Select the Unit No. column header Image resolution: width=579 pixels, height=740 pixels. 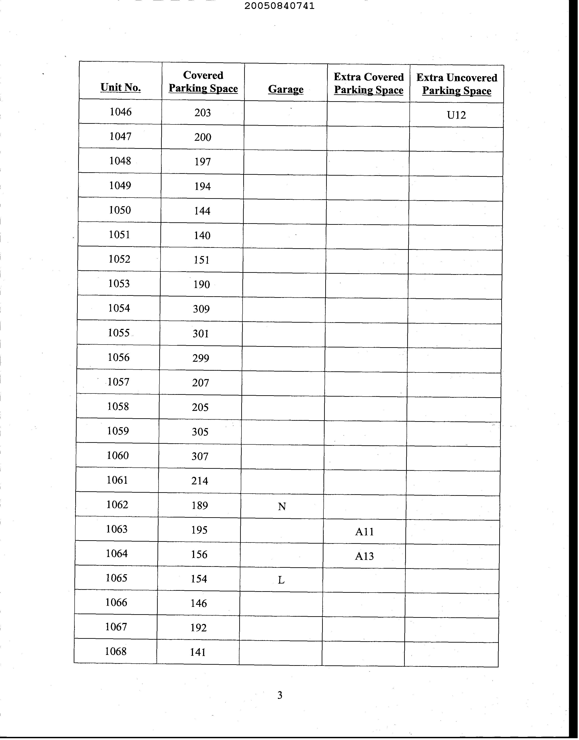(x=121, y=87)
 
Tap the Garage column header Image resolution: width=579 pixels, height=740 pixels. (x=285, y=89)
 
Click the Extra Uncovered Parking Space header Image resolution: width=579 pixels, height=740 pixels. (x=457, y=84)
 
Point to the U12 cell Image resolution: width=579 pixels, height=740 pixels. (x=456, y=115)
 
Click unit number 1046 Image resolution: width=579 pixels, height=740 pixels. (x=120, y=112)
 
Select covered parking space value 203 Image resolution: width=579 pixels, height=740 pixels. (x=203, y=113)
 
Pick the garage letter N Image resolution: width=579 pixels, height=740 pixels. (x=282, y=507)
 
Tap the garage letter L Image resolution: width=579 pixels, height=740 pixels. (x=281, y=580)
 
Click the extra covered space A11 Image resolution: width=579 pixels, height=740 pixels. (x=364, y=532)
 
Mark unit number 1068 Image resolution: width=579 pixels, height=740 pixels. (x=115, y=651)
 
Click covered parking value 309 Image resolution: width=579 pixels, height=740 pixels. (x=201, y=309)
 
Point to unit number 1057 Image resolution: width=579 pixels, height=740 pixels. (x=118, y=382)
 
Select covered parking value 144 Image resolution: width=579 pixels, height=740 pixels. (x=202, y=211)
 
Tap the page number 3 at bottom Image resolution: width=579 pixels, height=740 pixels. (x=280, y=695)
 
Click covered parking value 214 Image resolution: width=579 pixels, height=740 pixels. (x=200, y=481)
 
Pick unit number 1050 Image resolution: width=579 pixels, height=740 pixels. (x=120, y=210)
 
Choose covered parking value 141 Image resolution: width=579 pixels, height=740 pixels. (x=198, y=652)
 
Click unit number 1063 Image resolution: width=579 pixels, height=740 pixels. (x=117, y=529)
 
